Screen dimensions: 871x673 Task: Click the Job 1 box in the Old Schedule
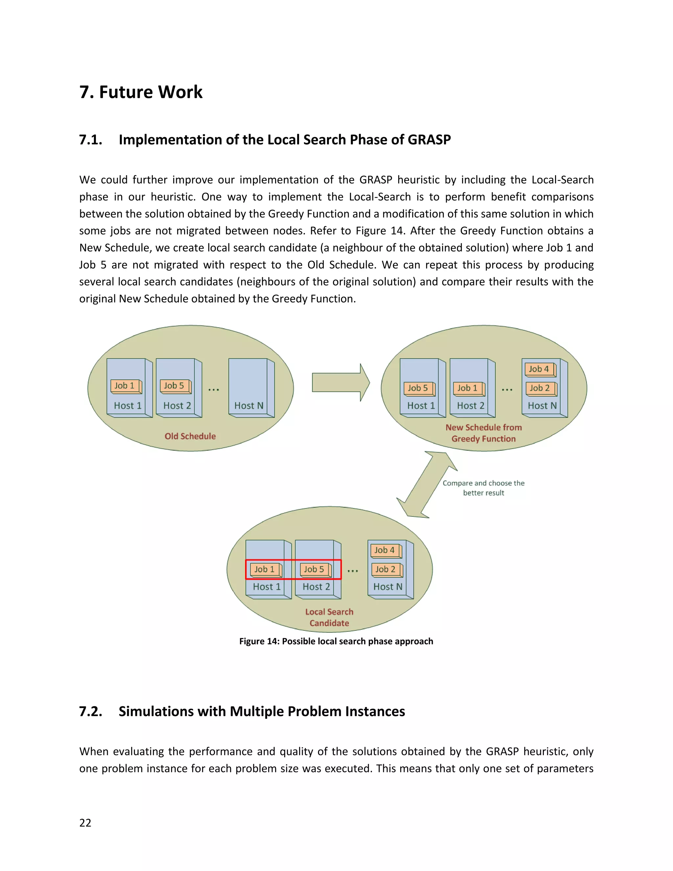coord(125,386)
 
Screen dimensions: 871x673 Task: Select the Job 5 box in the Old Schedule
coord(174,386)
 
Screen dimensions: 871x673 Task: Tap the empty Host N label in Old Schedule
coord(249,406)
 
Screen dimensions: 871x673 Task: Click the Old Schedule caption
coord(190,436)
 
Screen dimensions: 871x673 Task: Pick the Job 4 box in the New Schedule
coord(540,369)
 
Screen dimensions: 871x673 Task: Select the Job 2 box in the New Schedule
coord(540,388)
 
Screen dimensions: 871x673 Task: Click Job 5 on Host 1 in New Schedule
coord(419,388)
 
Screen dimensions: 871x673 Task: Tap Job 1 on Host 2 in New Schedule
coord(468,388)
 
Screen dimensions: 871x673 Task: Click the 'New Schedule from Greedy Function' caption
coord(484,433)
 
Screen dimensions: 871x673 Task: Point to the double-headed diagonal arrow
coord(427,484)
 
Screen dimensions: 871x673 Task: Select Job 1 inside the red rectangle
coord(266,570)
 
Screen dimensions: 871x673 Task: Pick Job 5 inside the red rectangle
coord(315,570)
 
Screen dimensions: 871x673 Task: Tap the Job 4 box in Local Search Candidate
coord(385,550)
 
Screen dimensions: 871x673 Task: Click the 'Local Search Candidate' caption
coord(329,617)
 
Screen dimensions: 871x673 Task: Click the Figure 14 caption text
coord(336,641)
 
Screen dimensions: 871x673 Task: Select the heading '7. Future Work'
coord(141,92)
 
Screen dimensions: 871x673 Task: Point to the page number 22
coord(85,823)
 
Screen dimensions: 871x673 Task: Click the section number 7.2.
coord(90,712)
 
